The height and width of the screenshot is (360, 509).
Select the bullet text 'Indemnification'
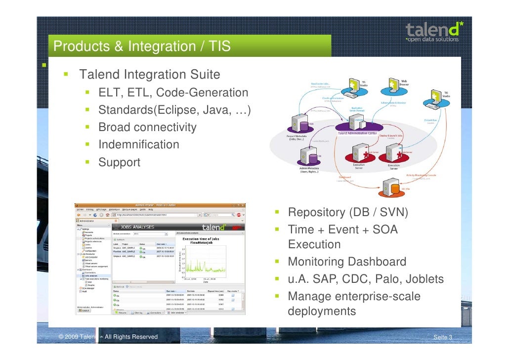138,145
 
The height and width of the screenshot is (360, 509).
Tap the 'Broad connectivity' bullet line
147,128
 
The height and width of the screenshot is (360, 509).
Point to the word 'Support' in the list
119,162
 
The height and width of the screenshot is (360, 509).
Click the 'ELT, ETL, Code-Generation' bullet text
173,93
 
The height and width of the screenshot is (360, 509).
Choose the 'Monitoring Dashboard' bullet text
347,262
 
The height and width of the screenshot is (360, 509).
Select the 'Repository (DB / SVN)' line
348,213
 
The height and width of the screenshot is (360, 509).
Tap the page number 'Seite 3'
442,337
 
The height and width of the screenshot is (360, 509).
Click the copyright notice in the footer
108,337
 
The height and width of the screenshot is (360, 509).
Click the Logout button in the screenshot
85,311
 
